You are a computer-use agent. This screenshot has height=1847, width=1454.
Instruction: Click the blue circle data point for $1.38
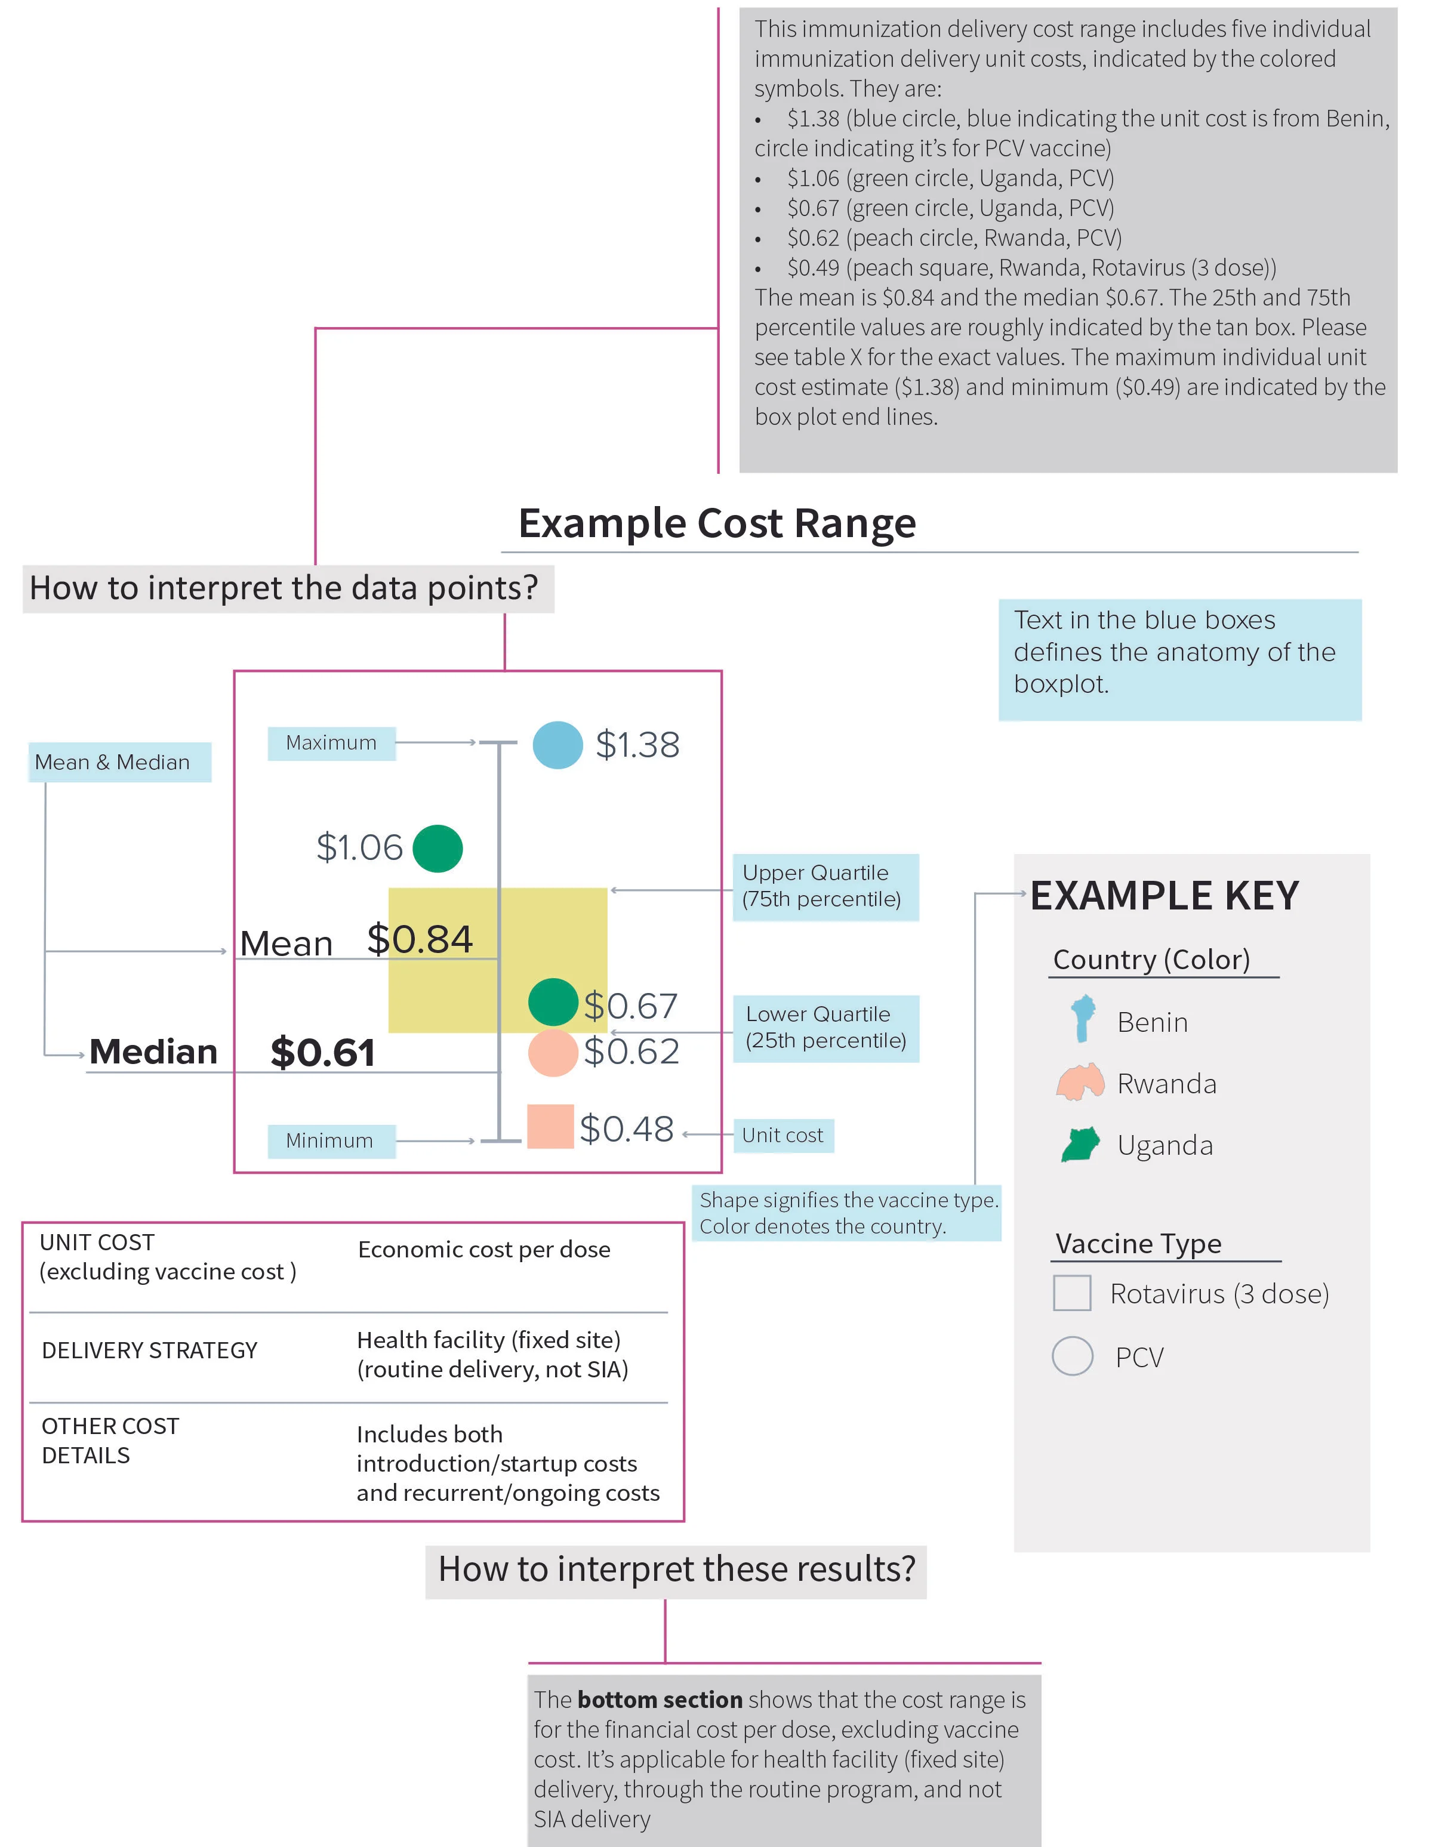coord(557,745)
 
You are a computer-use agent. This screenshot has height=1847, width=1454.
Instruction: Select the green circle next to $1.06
coord(438,849)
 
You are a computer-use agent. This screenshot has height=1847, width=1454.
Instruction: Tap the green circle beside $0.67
coord(553,1002)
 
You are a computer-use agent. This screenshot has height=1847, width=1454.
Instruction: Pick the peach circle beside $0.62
coord(553,1053)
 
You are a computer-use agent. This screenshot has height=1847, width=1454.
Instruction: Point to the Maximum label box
coord(331,743)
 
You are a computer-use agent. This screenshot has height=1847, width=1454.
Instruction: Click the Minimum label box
coord(331,1140)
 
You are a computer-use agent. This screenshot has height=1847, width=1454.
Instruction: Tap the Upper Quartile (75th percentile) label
coord(825,887)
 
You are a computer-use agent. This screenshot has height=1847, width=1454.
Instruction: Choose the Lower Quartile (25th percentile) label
coord(825,1028)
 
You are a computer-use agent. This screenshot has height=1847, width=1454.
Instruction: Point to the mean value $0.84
coord(420,940)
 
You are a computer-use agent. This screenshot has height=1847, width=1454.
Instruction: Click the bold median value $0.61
coord(323,1053)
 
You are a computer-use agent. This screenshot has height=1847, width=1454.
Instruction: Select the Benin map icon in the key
coord(1082,1020)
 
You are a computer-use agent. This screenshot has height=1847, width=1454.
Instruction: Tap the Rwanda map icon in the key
coord(1080,1083)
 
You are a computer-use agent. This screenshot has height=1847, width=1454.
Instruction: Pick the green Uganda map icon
coord(1081,1145)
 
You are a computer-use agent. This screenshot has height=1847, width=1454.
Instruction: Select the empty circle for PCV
coord(1073,1356)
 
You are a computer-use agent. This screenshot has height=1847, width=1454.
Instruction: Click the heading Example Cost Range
coord(717,523)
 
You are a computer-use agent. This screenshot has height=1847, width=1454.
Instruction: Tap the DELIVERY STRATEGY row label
coord(149,1350)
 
